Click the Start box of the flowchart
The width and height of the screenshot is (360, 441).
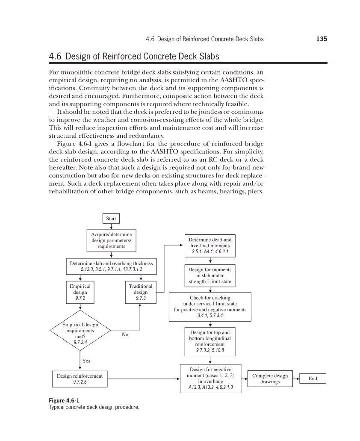[111, 219]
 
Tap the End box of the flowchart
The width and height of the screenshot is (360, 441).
[313, 379]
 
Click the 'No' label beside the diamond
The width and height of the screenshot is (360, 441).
[125, 334]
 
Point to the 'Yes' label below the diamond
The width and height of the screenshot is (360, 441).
[86, 361]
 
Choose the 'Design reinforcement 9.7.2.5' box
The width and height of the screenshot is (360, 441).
[80, 379]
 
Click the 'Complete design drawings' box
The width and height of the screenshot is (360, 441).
[270, 379]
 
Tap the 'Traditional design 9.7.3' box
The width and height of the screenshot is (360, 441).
[141, 292]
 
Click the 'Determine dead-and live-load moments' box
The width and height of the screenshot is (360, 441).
[210, 246]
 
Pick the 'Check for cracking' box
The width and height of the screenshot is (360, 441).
[210, 307]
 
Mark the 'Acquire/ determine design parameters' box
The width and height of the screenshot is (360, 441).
[111, 240]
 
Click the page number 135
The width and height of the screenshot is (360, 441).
[322, 39]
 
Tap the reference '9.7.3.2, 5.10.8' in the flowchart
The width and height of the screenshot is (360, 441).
[210, 350]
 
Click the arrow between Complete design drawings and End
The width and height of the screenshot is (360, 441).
[296, 379]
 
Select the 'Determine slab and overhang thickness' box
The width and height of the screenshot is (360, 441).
[111, 266]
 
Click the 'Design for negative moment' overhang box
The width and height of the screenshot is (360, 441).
[210, 379]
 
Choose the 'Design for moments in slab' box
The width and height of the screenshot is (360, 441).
[210, 276]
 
